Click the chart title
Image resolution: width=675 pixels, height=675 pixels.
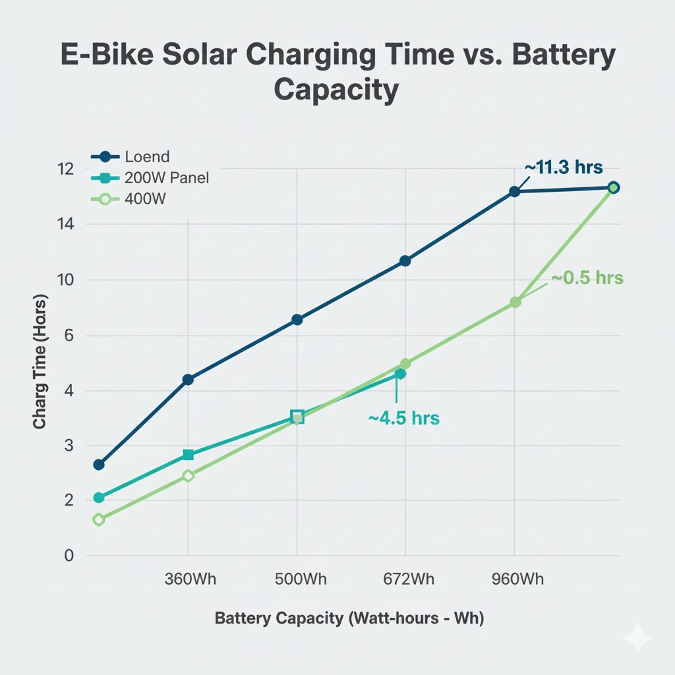pos(337,73)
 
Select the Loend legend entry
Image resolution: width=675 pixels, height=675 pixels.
pos(146,157)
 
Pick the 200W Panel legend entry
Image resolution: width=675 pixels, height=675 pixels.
pos(166,178)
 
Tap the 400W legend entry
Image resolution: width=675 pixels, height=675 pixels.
pos(145,198)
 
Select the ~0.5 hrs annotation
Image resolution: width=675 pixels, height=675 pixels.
pos(587,278)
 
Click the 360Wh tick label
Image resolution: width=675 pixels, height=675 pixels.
pos(189,579)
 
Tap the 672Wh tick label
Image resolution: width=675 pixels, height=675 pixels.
pos(408,579)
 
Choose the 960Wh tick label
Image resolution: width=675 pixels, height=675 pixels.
pos(517,579)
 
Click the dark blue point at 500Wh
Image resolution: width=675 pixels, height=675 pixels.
pos(297,320)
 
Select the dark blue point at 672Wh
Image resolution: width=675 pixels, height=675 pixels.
pos(405,261)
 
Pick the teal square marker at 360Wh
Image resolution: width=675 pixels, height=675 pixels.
pos(188,455)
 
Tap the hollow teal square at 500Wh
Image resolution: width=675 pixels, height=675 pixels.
pos(297,416)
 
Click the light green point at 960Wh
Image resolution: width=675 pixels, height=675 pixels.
pos(515,303)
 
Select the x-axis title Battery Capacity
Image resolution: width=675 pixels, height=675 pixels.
pos(349,619)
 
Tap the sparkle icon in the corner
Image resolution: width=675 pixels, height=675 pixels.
pos(637,638)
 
